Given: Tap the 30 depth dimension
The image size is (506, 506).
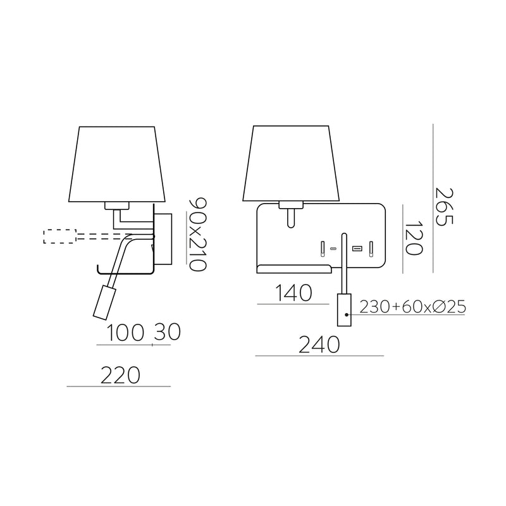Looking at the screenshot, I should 166,333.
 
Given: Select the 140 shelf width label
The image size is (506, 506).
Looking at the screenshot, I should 294,293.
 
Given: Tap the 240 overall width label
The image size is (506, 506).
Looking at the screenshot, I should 320,345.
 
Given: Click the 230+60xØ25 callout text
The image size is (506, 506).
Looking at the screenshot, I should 412,307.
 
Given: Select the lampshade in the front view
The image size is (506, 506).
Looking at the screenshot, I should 292,163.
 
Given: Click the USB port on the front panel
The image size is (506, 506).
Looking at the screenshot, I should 357,249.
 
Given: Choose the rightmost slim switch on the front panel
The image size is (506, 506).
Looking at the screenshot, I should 372,248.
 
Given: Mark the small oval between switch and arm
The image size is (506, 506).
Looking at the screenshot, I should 333,249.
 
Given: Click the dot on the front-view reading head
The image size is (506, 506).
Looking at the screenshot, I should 347,315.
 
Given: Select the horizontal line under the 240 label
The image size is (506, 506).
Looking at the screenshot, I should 319,356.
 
